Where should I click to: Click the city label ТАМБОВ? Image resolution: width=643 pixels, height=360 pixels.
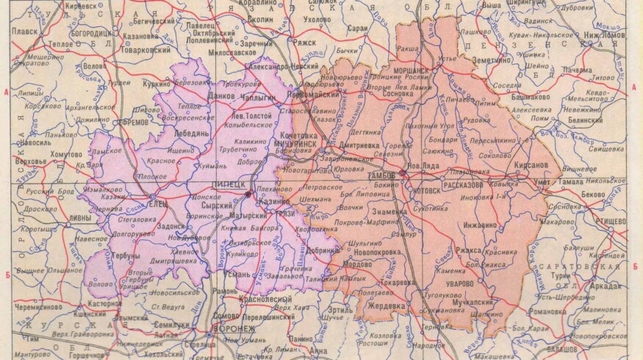point(381,176)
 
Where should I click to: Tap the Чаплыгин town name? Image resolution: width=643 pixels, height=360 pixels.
point(245,96)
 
